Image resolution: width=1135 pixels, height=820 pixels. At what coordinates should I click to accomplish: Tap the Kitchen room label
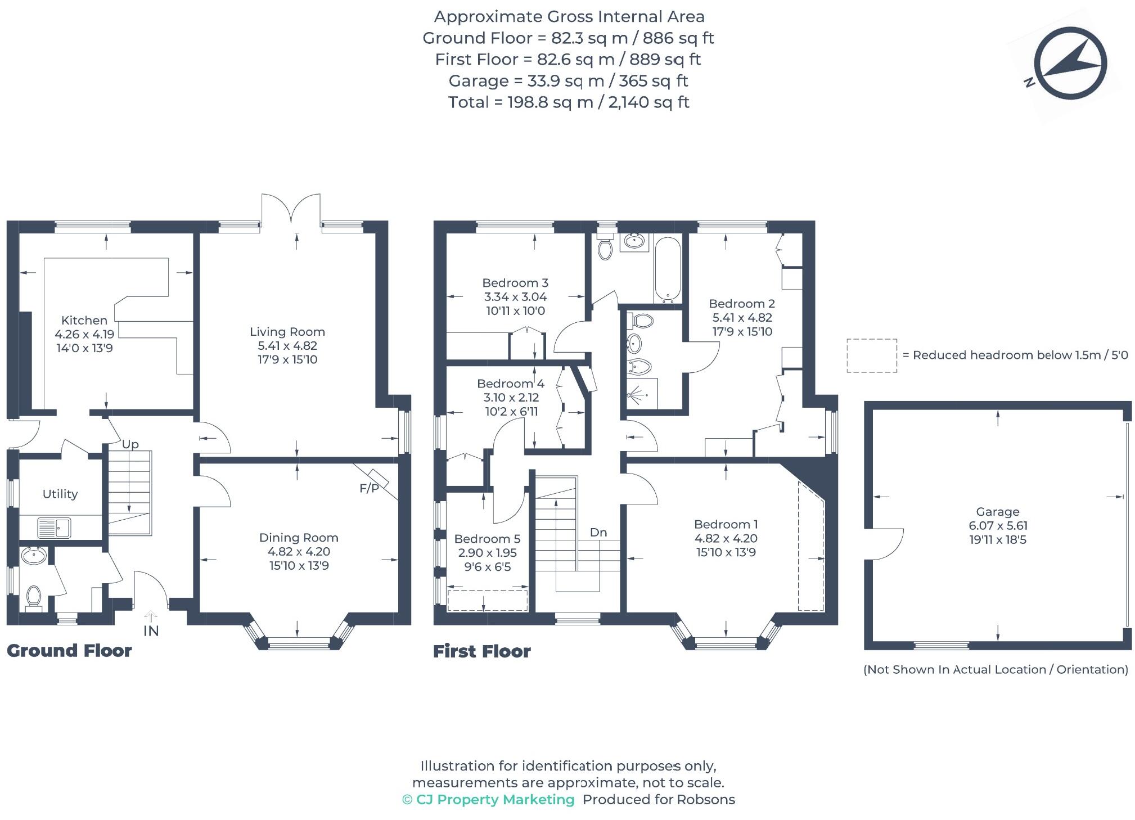pyautogui.click(x=84, y=321)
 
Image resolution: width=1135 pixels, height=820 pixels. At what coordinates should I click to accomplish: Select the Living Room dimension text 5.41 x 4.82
pyautogui.click(x=287, y=346)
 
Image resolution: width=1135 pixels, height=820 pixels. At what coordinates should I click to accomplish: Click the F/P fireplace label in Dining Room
pyautogui.click(x=370, y=488)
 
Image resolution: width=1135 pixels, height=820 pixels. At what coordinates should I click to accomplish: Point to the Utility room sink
pyautogui.click(x=54, y=528)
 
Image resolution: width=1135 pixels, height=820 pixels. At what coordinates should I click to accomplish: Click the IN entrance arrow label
pyautogui.click(x=151, y=630)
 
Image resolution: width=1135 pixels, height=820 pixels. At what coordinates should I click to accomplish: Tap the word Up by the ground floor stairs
pyautogui.click(x=130, y=444)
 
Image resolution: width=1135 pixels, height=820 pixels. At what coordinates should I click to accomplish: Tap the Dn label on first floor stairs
pyautogui.click(x=598, y=532)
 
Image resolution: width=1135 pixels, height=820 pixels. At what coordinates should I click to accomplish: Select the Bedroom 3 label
pyautogui.click(x=515, y=283)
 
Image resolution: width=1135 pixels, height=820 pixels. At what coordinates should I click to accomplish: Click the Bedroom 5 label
pyautogui.click(x=487, y=539)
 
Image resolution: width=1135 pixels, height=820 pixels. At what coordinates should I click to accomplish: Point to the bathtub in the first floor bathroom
pyautogui.click(x=668, y=269)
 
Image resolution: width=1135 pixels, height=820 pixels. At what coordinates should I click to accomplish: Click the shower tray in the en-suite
pyautogui.click(x=642, y=394)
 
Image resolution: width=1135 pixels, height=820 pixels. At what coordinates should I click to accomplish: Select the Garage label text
pyautogui.click(x=997, y=512)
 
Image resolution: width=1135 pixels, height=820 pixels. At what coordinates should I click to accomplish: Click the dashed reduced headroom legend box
pyautogui.click(x=871, y=355)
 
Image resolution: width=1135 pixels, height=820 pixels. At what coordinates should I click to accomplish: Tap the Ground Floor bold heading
pyautogui.click(x=69, y=651)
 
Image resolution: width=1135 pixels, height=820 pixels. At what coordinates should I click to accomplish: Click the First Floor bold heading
pyautogui.click(x=482, y=651)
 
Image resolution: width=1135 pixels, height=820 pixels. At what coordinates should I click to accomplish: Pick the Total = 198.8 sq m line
pyautogui.click(x=568, y=102)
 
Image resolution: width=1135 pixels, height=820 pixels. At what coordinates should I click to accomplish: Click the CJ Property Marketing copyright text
pyautogui.click(x=488, y=800)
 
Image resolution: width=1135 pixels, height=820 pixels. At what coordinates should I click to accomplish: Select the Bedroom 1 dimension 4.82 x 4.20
pyautogui.click(x=726, y=538)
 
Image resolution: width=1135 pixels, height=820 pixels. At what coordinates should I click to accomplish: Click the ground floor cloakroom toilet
pyautogui.click(x=34, y=597)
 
